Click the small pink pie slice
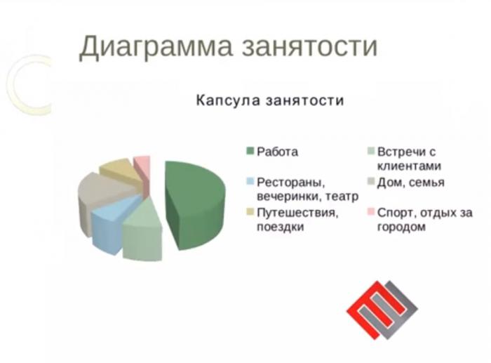[x=142, y=169]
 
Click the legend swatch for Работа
[x=250, y=151]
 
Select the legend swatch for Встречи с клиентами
[x=371, y=151]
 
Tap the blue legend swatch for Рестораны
[x=250, y=181]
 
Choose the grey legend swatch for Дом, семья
[x=371, y=181]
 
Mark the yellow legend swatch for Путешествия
[x=250, y=212]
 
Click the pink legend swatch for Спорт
[x=371, y=212]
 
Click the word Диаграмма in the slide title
[x=156, y=46]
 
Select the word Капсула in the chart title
[x=228, y=100]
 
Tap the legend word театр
[x=342, y=197]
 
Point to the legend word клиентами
[x=409, y=166]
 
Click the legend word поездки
[x=281, y=226]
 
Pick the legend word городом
[x=401, y=227]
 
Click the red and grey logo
[x=382, y=310]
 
